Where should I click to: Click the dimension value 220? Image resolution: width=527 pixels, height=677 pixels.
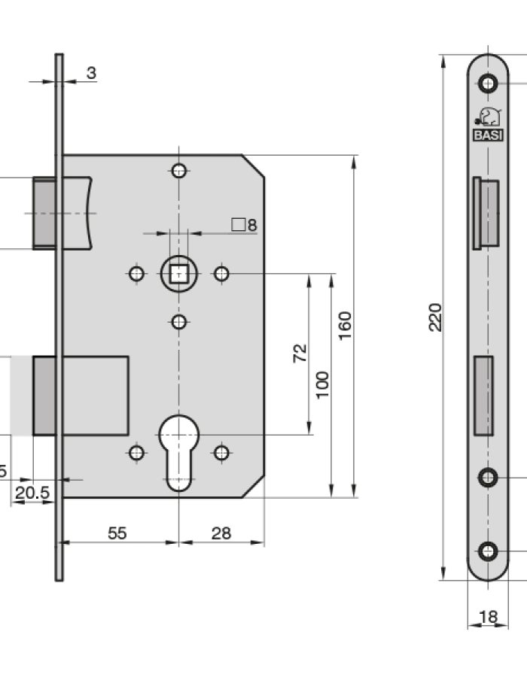[x=435, y=317]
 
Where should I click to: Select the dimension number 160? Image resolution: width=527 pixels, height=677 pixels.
[x=345, y=325]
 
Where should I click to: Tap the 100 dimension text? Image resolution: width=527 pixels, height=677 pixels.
[x=322, y=384]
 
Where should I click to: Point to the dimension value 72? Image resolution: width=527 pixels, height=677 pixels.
[x=299, y=353]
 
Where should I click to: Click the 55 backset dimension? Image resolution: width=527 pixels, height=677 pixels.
[x=117, y=533]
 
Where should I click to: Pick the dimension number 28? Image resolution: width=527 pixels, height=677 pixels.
[x=221, y=533]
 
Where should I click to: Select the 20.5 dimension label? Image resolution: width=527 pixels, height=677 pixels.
[x=32, y=493]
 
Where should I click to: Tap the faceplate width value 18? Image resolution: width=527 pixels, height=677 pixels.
[x=488, y=617]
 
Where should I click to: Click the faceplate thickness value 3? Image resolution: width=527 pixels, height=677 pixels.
[x=91, y=73]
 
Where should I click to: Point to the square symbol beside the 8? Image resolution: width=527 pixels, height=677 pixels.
[x=239, y=224]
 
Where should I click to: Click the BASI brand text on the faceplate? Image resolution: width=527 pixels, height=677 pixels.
[x=488, y=135]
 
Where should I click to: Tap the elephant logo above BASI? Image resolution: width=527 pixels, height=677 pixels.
[x=488, y=117]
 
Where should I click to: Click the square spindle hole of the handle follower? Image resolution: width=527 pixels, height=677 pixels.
[x=178, y=274]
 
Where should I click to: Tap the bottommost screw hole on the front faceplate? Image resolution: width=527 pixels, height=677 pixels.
[x=489, y=551]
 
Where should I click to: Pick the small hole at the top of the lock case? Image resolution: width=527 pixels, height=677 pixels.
[x=178, y=171]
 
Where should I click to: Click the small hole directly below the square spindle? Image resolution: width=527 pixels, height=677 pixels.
[x=178, y=323]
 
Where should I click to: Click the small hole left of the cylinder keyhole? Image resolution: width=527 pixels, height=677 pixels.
[x=136, y=452]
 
